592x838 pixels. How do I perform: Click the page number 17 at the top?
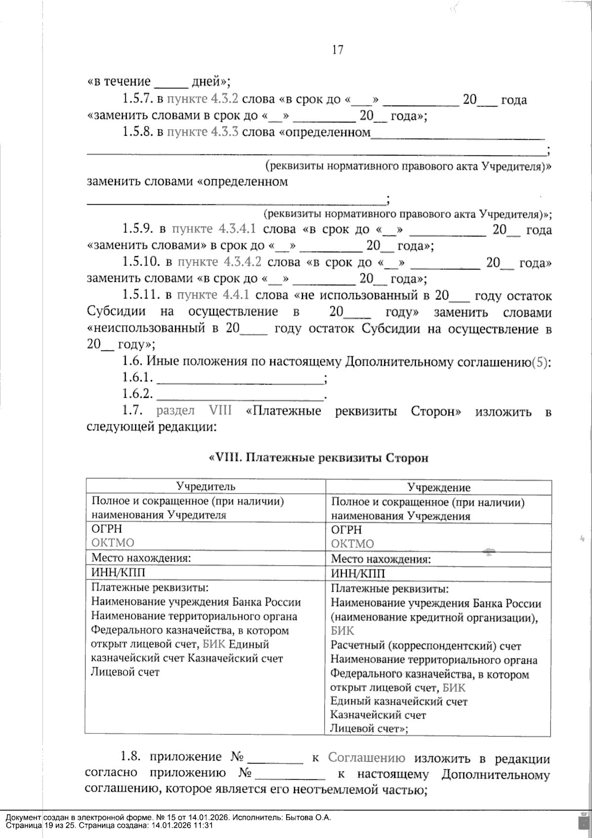pos(337,50)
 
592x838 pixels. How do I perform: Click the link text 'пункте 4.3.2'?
pos(202,99)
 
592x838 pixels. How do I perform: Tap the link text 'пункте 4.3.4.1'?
pos(213,229)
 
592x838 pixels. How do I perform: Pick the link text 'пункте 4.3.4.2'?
pos(219,262)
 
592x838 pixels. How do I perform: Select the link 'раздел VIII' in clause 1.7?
pos(194,411)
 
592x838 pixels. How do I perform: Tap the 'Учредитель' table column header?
pos(206,486)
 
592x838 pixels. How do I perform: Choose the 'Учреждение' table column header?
pos(439,488)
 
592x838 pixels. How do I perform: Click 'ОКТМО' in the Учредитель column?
pos(113,543)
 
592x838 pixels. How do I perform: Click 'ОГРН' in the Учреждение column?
pos(346,530)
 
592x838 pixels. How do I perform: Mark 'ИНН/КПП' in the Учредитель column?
pos(118,572)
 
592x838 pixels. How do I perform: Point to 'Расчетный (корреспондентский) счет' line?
pos(425,646)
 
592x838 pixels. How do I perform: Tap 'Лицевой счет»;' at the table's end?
pos(369,728)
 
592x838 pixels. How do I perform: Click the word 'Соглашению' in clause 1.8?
pos(367,758)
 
